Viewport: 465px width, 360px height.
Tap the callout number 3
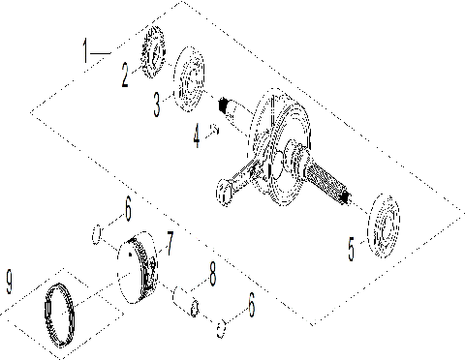(158, 104)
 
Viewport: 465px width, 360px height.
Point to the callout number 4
(198, 136)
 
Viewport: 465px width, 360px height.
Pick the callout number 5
(353, 248)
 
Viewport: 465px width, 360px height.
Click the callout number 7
(170, 238)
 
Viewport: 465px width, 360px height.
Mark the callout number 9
(11, 284)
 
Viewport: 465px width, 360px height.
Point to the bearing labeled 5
(385, 226)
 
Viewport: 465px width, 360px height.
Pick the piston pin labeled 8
(183, 300)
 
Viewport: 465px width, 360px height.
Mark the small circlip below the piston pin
(221, 327)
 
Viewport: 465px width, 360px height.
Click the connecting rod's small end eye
(226, 195)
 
